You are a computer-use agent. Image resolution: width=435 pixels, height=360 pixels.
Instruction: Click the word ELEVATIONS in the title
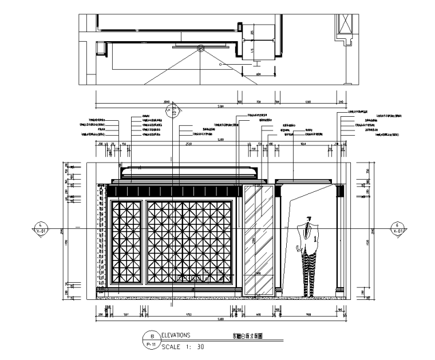[177, 336]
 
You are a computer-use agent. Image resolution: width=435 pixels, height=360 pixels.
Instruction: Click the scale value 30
[199, 347]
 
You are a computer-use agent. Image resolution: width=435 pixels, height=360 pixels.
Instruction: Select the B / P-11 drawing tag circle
[152, 341]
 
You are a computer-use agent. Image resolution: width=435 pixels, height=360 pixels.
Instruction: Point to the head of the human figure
[309, 218]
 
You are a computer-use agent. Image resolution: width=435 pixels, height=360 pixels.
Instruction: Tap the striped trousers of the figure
[310, 272]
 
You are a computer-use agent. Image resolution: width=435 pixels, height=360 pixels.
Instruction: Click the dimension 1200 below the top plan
[307, 102]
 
